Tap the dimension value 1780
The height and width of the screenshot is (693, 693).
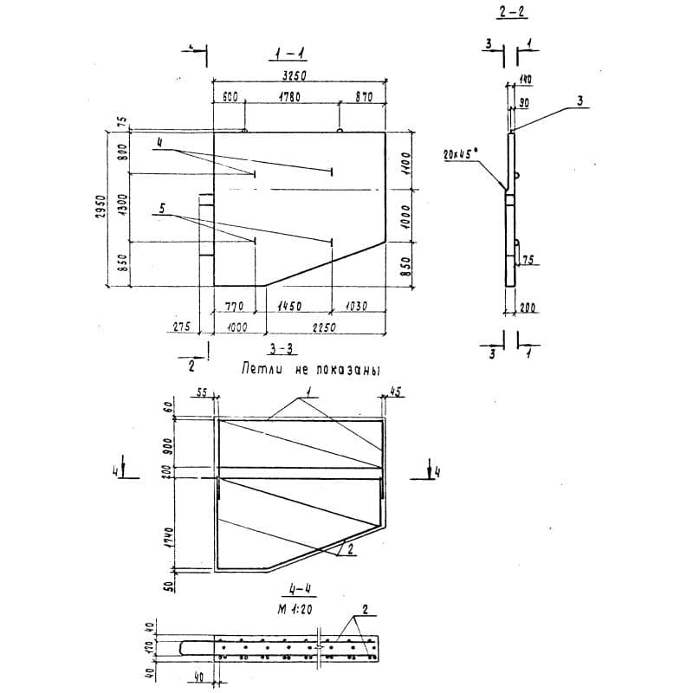point(289,99)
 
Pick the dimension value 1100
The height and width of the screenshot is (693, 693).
point(403,159)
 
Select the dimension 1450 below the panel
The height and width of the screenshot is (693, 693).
point(289,305)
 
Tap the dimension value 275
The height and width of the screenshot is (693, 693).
point(180,327)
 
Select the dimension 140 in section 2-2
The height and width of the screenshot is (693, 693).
point(525,80)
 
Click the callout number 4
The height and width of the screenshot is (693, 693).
point(159,140)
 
